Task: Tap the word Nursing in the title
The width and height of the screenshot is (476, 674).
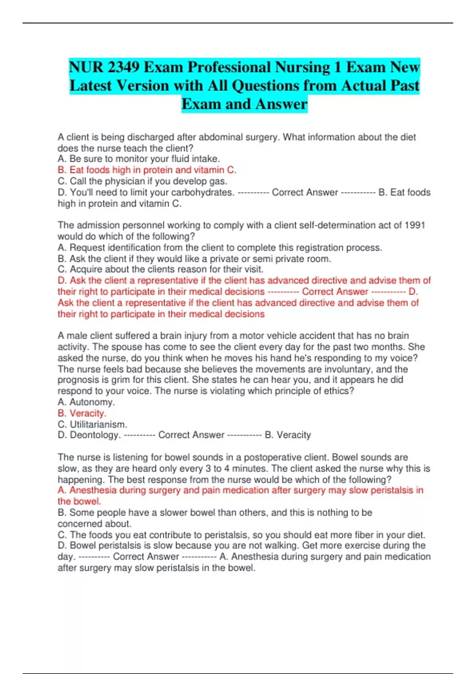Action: tap(302, 67)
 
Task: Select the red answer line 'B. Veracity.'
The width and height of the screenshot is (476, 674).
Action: tap(82, 413)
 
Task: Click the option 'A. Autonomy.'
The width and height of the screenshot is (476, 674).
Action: tap(86, 402)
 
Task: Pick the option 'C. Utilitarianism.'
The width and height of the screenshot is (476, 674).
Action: tap(92, 424)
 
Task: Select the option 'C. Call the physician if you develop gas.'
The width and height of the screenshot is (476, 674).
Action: tap(142, 181)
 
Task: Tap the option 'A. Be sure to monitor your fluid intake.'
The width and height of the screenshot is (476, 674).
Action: tap(138, 159)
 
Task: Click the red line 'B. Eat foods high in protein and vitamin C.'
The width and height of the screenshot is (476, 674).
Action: tap(147, 170)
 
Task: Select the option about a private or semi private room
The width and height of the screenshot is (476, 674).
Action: tap(194, 259)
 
